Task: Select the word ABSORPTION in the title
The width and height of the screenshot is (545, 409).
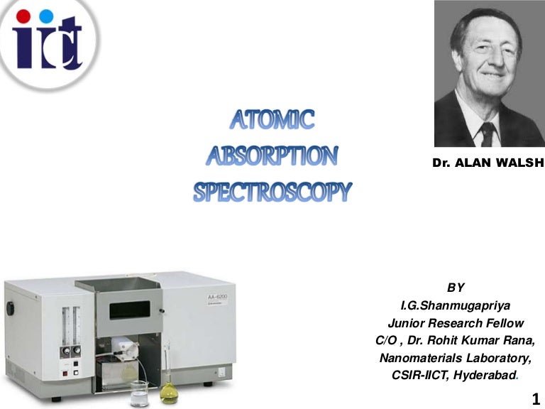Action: click(x=272, y=156)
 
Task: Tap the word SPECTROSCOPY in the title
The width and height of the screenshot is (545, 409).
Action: click(x=272, y=191)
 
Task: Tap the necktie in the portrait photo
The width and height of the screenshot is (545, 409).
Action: click(x=487, y=133)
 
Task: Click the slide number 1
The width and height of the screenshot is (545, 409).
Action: click(x=535, y=399)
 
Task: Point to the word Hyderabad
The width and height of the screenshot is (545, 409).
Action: click(x=482, y=376)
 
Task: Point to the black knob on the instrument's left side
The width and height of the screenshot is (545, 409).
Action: click(x=11, y=310)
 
